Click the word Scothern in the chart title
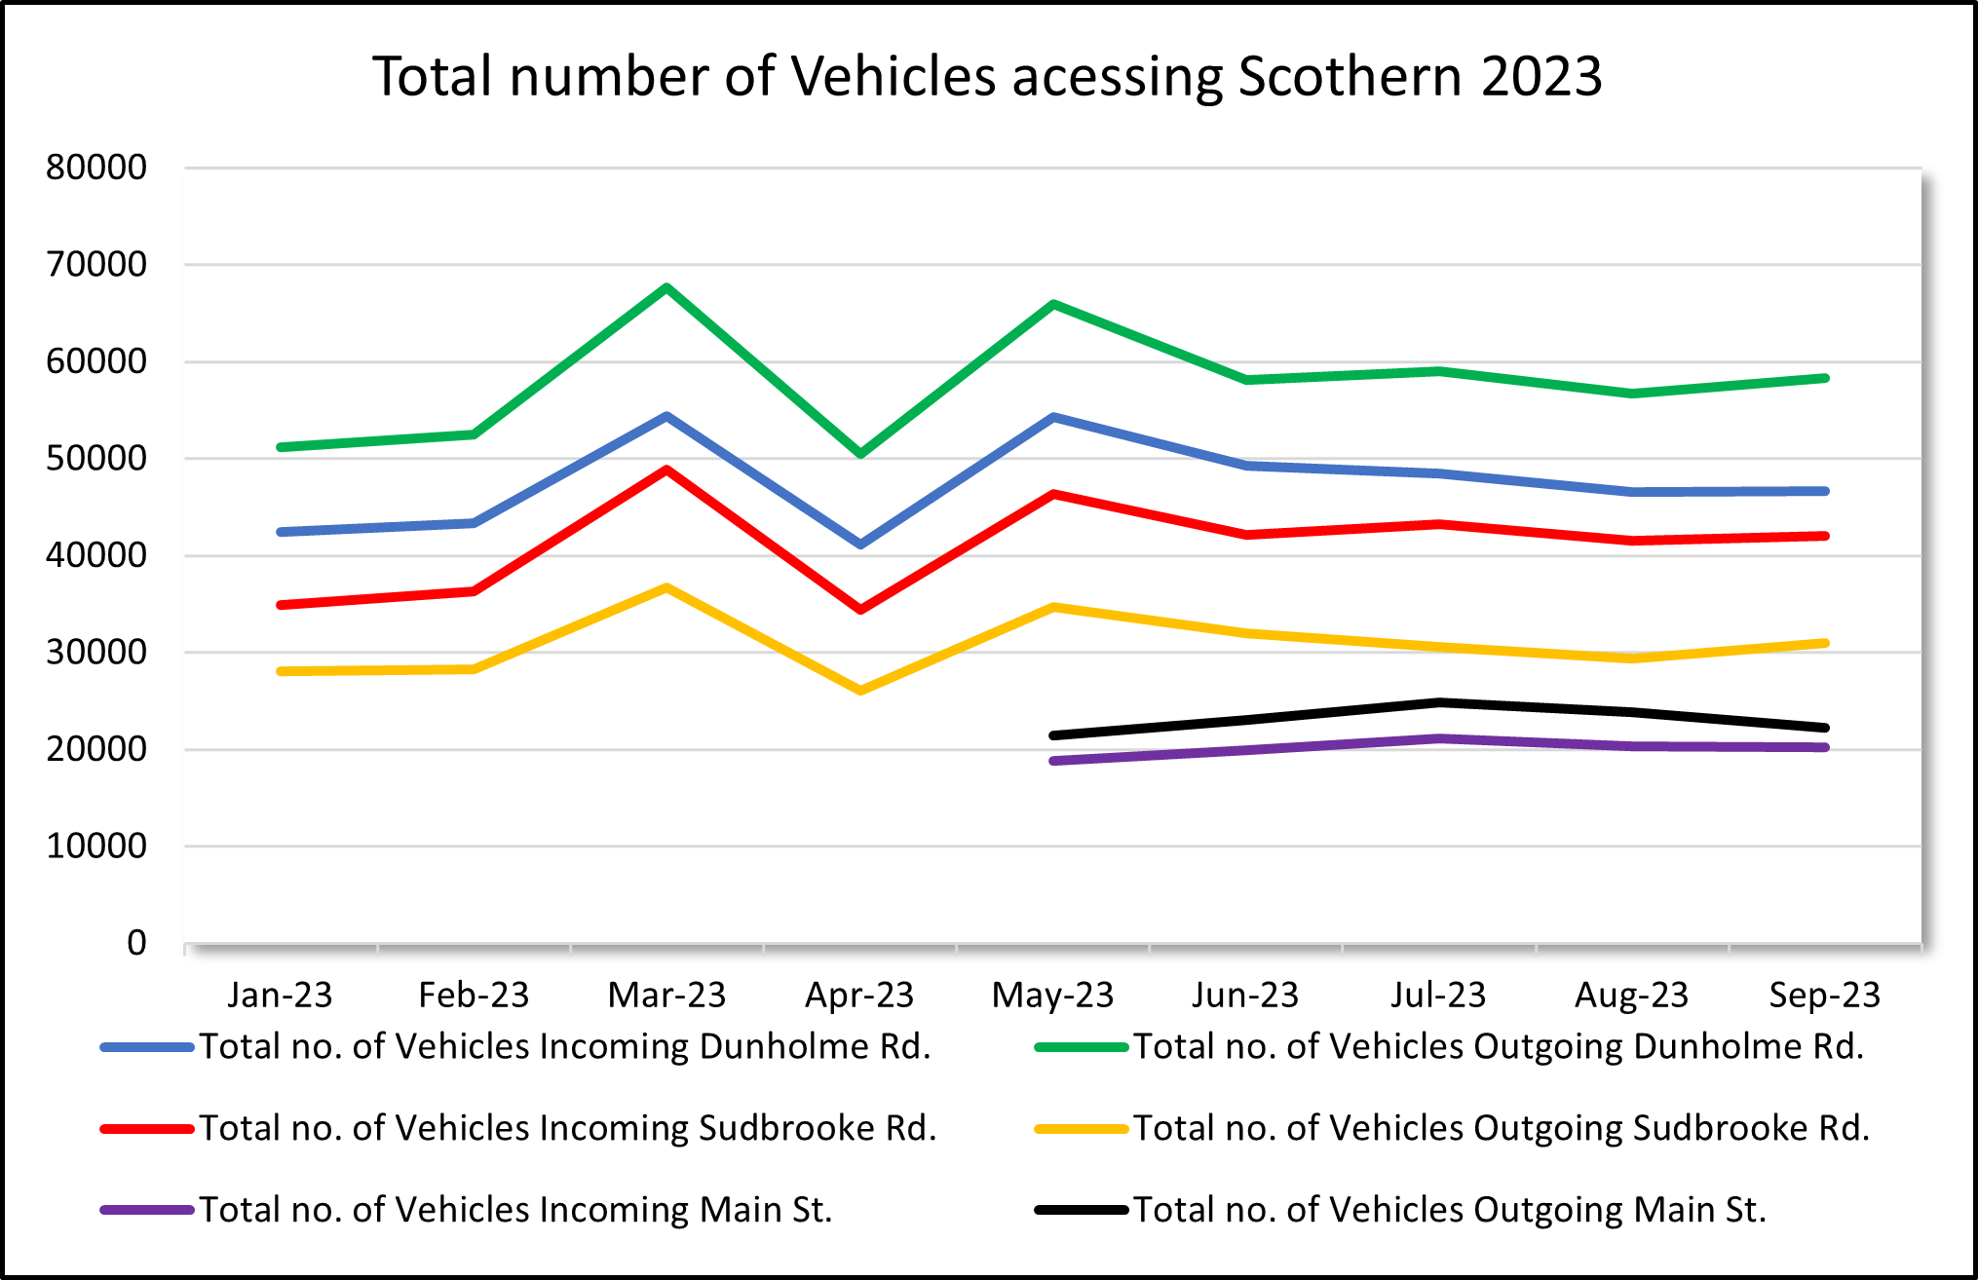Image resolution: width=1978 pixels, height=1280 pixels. (1350, 76)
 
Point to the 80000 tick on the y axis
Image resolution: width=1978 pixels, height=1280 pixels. (95, 168)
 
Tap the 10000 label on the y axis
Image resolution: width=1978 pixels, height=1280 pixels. (95, 846)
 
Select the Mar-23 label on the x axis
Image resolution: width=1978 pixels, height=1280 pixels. (666, 995)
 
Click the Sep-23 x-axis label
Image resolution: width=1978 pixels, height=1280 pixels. (1824, 995)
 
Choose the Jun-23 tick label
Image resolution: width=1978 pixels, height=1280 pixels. (1245, 995)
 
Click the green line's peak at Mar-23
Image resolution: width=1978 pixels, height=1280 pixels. (666, 287)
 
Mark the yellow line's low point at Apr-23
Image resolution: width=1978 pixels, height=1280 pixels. (860, 691)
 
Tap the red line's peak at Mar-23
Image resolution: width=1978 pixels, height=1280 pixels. (666, 470)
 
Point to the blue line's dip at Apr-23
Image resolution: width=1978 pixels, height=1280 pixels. (860, 544)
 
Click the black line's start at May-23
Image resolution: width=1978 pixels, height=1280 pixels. (1053, 735)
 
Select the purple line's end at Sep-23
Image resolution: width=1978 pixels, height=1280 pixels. (1825, 747)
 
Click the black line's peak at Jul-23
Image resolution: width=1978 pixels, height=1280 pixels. (1439, 702)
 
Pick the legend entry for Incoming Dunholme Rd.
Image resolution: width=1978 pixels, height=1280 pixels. (565, 1046)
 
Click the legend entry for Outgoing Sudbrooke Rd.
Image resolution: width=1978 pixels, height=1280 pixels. (1501, 1128)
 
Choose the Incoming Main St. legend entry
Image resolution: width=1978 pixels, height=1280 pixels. (516, 1210)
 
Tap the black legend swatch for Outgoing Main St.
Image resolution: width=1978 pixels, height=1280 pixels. (1081, 1210)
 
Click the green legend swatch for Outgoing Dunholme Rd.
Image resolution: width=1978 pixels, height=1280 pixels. (1081, 1047)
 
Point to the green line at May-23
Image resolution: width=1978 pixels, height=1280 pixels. (1053, 305)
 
